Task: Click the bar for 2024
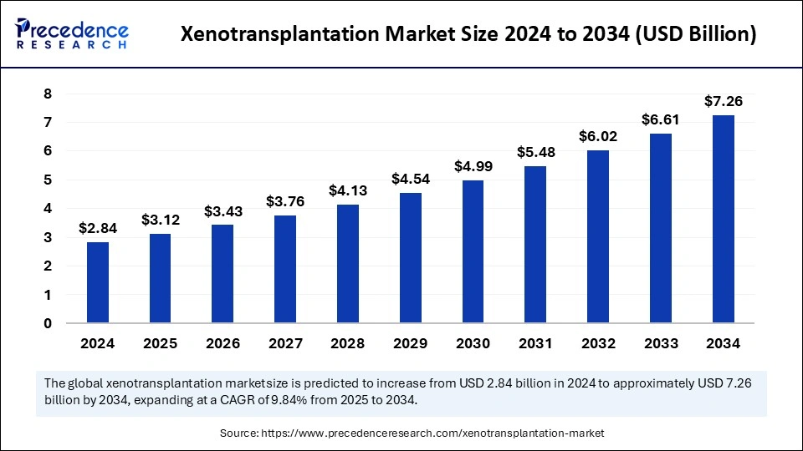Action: pos(98,282)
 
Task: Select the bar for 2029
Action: pos(410,258)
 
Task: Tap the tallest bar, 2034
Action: pos(724,219)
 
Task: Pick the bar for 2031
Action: pos(535,244)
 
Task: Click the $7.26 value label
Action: pos(724,102)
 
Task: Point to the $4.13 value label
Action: pos(347,191)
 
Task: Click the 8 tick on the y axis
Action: pos(48,94)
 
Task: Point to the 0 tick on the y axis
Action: pos(48,323)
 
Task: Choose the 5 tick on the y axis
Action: pos(48,180)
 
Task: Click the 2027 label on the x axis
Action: pos(285,343)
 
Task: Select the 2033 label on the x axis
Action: pos(661,343)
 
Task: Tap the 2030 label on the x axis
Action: pos(473,343)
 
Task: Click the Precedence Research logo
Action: pos(72,33)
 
